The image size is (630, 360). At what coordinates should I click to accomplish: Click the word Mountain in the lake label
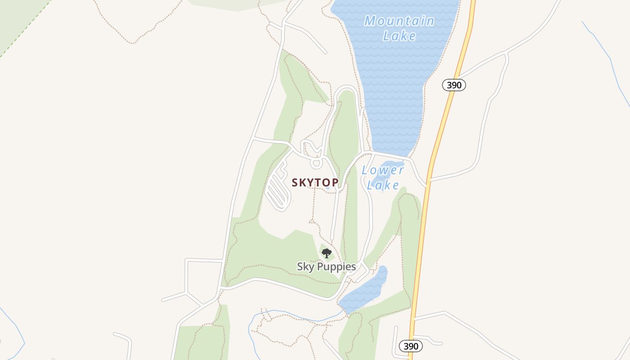click(399, 21)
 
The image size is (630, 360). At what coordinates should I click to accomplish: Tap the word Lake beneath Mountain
click(400, 36)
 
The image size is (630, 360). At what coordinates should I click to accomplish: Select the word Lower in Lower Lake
click(382, 170)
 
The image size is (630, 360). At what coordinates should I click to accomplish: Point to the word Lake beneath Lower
click(383, 185)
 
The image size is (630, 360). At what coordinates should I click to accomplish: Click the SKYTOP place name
click(315, 182)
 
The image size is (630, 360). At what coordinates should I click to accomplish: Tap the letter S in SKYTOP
click(295, 182)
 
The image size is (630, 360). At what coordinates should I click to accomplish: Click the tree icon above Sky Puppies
click(327, 253)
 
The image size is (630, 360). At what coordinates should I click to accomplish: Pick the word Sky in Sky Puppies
click(304, 267)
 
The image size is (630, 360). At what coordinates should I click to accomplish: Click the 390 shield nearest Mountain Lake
click(454, 85)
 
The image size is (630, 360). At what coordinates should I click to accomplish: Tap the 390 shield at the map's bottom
click(411, 346)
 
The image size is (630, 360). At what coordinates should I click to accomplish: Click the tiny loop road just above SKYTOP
click(316, 162)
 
